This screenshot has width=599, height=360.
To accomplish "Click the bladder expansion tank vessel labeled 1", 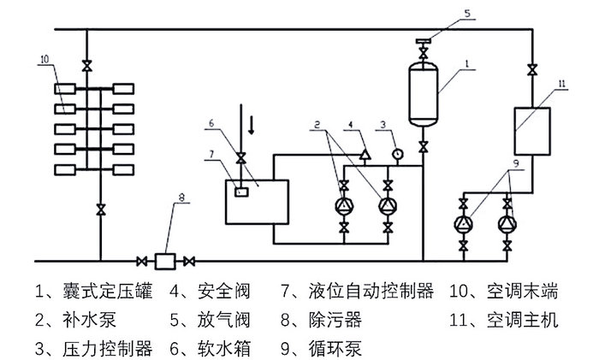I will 423,93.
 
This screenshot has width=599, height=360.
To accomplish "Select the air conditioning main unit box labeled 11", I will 532,130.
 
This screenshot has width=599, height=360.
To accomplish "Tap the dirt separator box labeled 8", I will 165,259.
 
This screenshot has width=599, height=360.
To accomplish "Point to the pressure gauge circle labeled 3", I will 396,155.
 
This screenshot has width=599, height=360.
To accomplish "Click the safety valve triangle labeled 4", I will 365,155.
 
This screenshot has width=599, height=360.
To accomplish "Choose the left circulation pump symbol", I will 464,225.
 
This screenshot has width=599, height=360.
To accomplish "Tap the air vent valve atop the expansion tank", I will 423,41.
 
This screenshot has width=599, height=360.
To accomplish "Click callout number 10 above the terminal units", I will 44,60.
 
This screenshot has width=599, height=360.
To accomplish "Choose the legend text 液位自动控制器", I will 374,292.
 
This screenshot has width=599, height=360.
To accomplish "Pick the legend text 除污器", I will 340,321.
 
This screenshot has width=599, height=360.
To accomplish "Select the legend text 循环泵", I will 340,348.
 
